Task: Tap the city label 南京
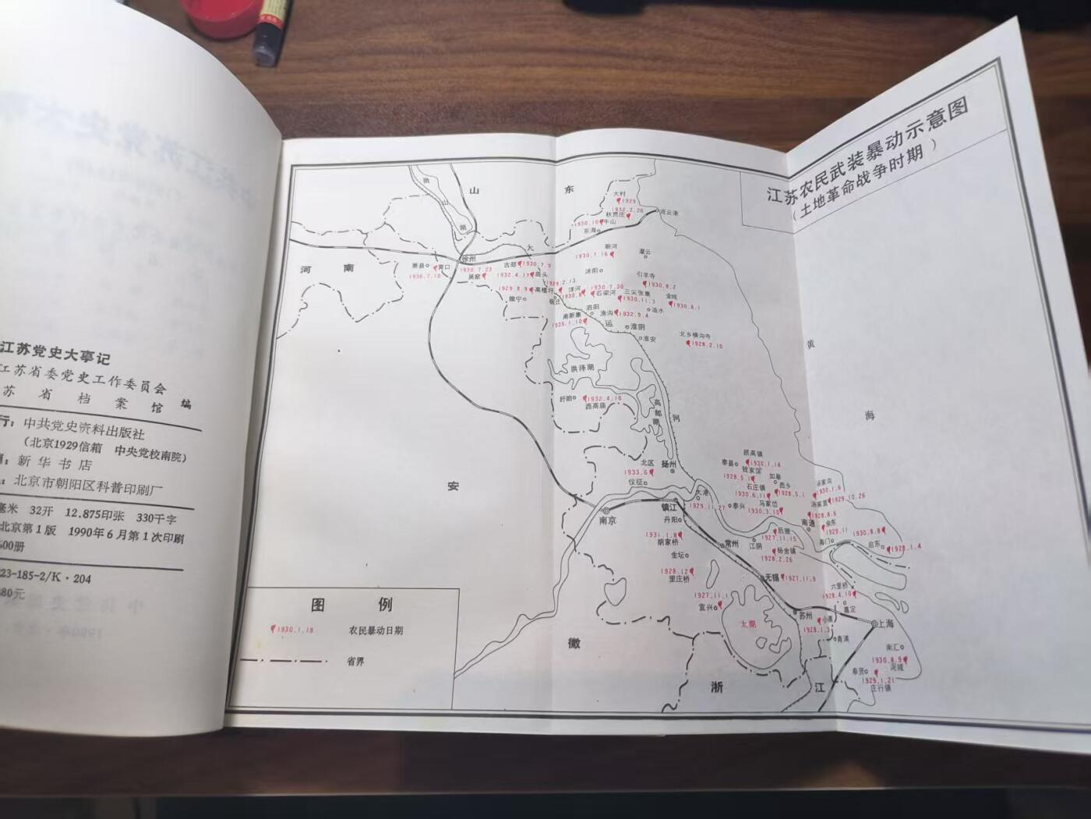point(607,521)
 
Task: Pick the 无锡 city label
point(771,577)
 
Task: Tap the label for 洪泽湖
point(581,367)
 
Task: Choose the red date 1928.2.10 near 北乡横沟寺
point(706,345)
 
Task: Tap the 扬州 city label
point(668,463)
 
